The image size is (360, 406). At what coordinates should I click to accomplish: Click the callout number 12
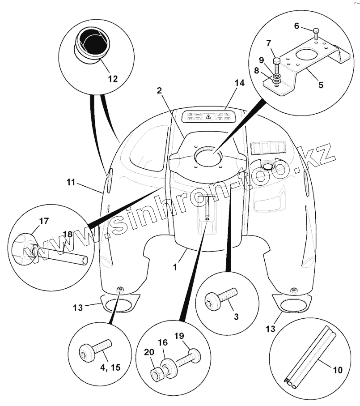tap(112, 79)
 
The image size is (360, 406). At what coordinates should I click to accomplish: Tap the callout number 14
tap(240, 83)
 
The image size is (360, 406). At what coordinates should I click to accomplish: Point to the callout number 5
tap(321, 84)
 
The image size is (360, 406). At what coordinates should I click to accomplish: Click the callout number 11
tap(71, 183)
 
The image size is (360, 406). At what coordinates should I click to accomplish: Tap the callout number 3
tap(236, 316)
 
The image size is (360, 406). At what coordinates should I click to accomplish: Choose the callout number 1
tap(176, 267)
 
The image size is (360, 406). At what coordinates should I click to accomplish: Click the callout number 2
tap(159, 90)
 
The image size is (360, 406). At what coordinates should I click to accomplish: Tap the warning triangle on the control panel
tap(208, 116)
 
